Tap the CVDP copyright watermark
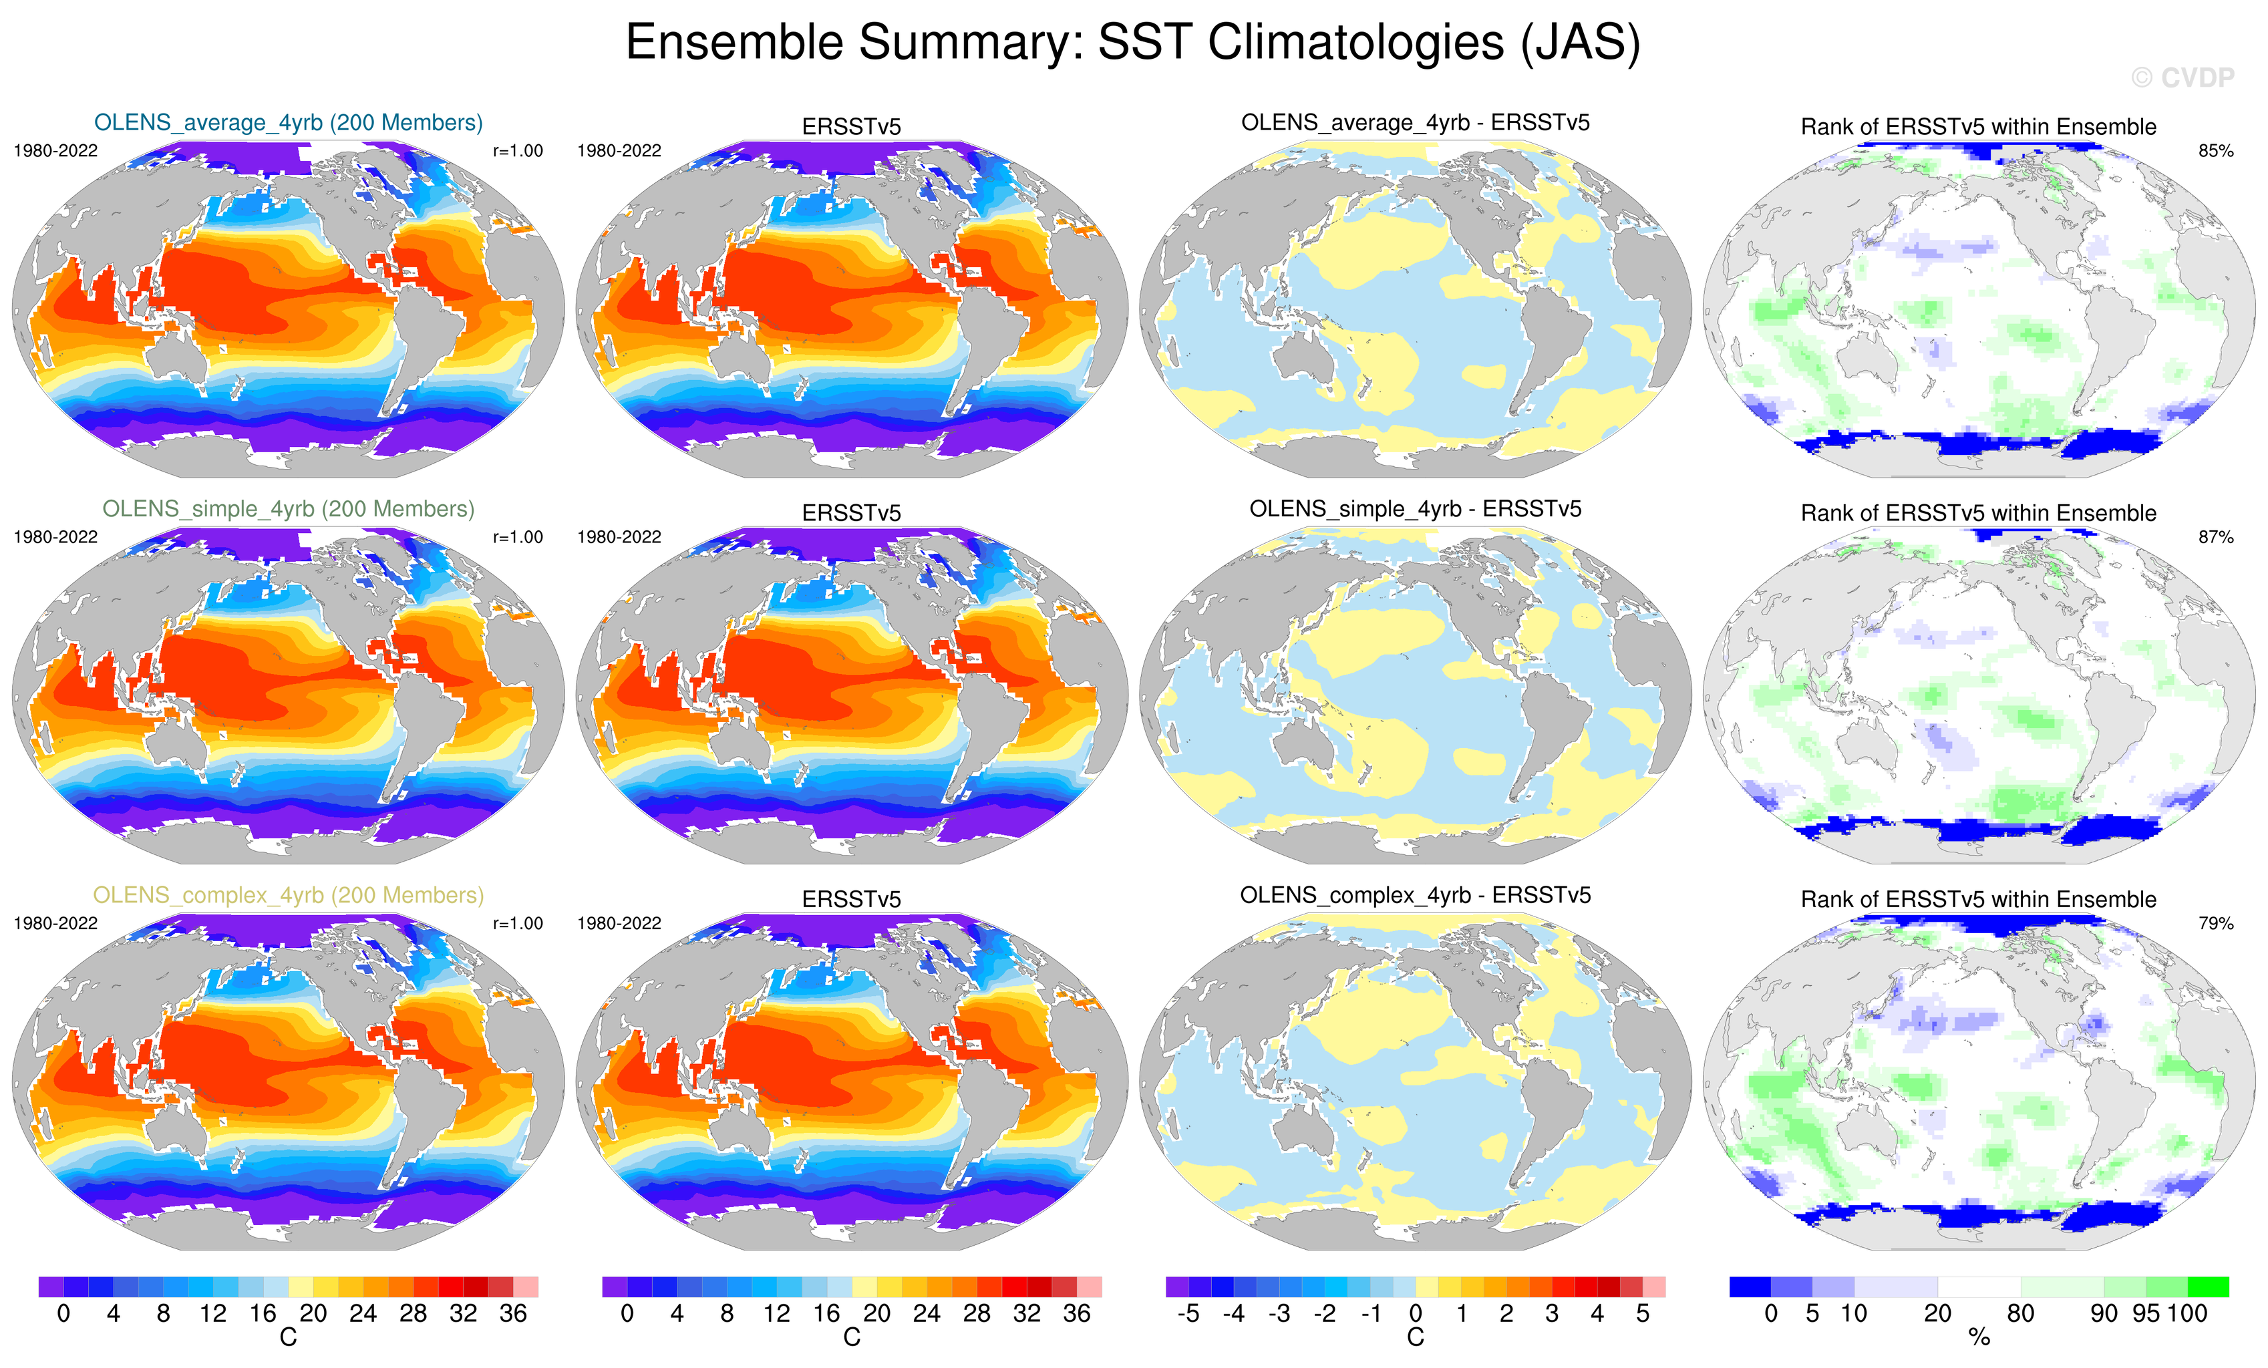(x=2181, y=78)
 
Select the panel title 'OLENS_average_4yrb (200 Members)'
(x=288, y=122)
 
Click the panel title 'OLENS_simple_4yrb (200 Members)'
(x=288, y=509)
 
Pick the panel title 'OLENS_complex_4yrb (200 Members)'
(x=288, y=895)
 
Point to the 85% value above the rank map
(x=2215, y=151)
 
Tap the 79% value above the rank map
(x=2215, y=923)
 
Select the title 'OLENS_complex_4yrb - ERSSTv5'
(x=1415, y=895)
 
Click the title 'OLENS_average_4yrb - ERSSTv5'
(x=1415, y=122)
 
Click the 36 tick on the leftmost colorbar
(x=512, y=1314)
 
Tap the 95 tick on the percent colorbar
(x=2144, y=1314)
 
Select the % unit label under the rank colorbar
(x=1979, y=1339)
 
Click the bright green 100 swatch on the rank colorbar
(x=2207, y=1286)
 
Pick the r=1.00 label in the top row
(x=517, y=151)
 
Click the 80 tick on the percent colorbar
(x=2019, y=1314)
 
